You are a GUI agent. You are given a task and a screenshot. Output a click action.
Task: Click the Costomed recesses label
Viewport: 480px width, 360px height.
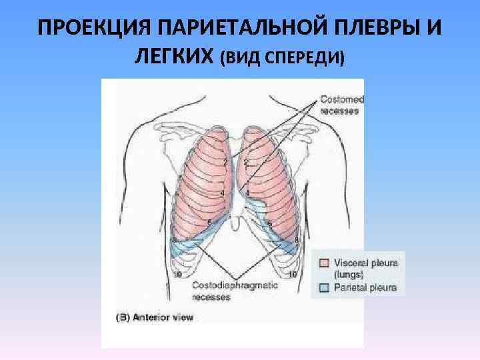[x=340, y=105]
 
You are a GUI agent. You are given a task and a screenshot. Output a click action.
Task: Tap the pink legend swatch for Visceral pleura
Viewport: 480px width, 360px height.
[x=323, y=263]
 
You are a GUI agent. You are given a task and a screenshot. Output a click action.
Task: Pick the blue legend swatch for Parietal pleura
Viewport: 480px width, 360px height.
[x=323, y=288]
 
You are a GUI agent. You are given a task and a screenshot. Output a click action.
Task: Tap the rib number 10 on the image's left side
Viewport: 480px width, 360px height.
[x=178, y=275]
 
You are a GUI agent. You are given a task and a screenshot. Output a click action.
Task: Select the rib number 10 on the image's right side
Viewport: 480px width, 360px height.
[x=292, y=275]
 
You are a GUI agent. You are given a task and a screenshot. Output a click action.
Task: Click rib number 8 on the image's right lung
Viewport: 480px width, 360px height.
[x=296, y=239]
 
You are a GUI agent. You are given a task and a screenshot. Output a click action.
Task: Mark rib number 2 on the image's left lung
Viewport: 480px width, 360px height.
[x=226, y=162]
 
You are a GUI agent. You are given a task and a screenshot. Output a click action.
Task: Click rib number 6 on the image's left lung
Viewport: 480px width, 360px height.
[x=209, y=221]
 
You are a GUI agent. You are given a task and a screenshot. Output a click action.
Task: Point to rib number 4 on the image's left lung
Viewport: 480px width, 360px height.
[x=222, y=193]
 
